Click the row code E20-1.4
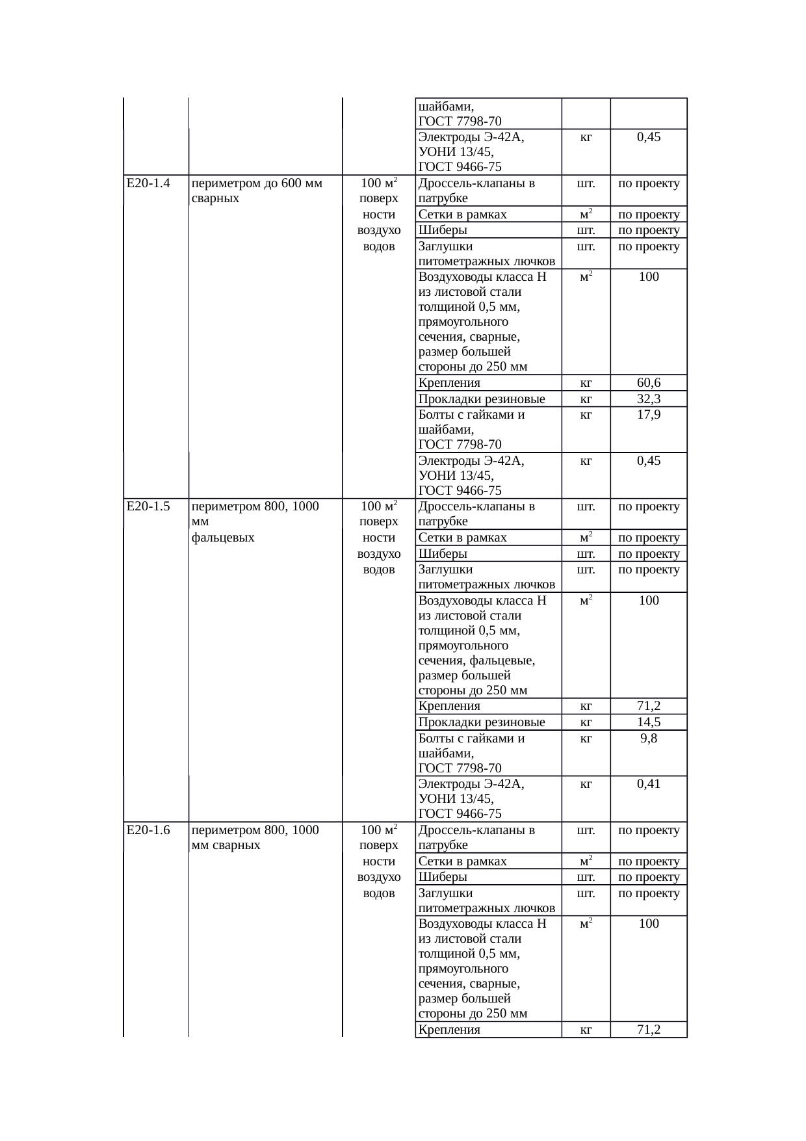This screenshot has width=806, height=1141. [148, 183]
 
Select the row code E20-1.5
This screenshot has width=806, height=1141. [148, 506]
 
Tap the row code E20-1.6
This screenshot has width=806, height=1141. [148, 830]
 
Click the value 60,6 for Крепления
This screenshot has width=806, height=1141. [649, 383]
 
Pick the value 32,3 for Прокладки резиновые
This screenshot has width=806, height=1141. [649, 399]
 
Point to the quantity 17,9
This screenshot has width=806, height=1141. [649, 415]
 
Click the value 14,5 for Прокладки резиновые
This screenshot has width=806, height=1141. [649, 722]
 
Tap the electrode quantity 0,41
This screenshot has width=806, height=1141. [649, 784]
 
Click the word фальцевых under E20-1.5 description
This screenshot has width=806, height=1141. [223, 538]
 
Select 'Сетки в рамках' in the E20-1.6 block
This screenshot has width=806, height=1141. [463, 861]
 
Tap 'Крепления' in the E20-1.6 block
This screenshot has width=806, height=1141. [449, 1030]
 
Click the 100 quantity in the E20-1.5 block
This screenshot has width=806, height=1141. [649, 601]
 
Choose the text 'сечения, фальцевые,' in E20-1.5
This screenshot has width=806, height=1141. [476, 661]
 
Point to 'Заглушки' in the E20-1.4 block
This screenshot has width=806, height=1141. [446, 246]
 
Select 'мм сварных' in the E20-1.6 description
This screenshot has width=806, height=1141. [226, 846]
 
